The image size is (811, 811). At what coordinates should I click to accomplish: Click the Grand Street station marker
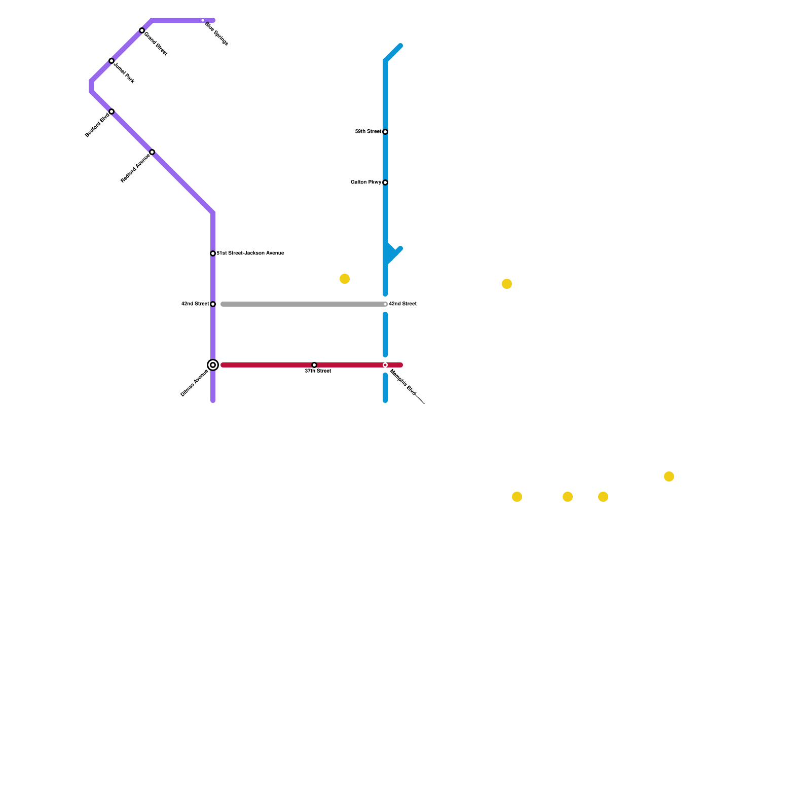pos(142,30)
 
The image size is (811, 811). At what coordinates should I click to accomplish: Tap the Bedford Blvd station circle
pos(112,112)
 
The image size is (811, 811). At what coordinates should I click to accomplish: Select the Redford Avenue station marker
pos(152,152)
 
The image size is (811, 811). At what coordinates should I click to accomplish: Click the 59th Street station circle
pos(385,132)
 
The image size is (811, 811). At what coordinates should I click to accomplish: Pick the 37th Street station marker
pos(314,365)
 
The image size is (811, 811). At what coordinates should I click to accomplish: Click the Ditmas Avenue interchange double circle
pos(213,365)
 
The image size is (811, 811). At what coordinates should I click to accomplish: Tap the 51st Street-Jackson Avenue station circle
pos(213,253)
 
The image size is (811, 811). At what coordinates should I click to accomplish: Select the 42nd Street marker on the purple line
pos(213,304)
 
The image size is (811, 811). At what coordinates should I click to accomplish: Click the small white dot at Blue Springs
pos(203,20)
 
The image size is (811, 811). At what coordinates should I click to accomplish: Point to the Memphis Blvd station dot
pos(385,365)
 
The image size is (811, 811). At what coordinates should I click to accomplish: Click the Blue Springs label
pos(216,34)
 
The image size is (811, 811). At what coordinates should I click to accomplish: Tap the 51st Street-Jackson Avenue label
pos(250,253)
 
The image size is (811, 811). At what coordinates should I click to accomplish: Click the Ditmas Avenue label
pos(194,383)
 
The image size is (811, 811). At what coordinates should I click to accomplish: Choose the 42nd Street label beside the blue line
pos(402,304)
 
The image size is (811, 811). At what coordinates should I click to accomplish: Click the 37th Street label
pos(318,371)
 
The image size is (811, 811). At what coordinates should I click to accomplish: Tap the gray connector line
pos(304,304)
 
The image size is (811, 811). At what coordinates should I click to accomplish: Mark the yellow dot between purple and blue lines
pos(345,279)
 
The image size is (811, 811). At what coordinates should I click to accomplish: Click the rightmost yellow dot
pos(669,476)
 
